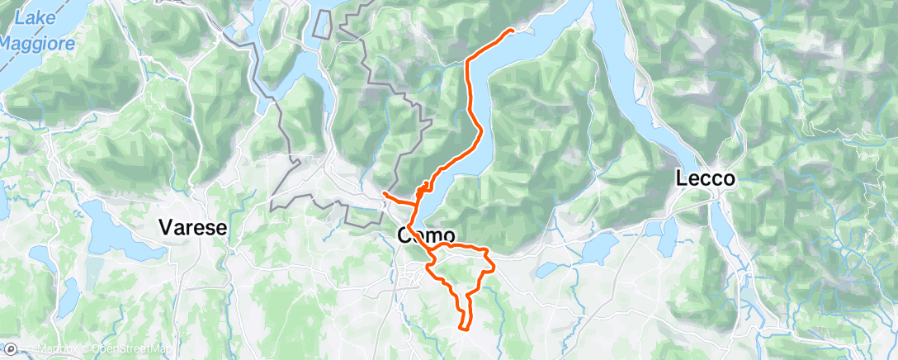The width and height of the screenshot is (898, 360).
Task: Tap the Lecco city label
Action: point(705,178)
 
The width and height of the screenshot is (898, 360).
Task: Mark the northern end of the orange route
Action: point(513,31)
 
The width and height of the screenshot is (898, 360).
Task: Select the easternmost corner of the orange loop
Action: point(494,266)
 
